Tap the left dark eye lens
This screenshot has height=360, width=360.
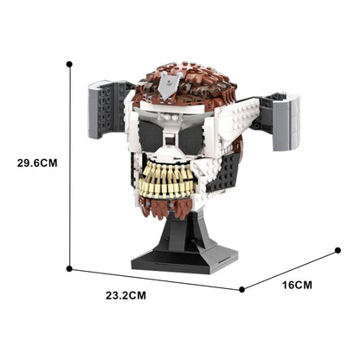[x=160, y=136]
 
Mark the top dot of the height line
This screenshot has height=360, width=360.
[x=69, y=63]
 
